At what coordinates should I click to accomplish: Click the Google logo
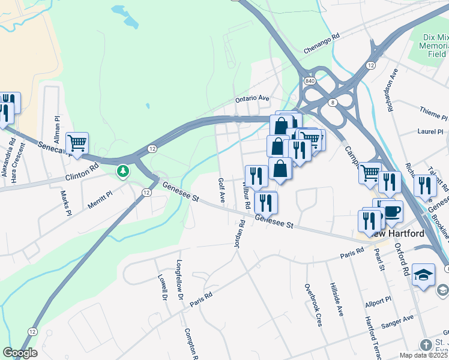(x=19, y=353)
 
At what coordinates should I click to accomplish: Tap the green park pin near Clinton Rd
(x=123, y=172)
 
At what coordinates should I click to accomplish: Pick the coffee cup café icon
(x=392, y=211)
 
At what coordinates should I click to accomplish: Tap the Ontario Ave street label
(x=252, y=98)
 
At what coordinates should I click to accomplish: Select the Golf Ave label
(x=221, y=190)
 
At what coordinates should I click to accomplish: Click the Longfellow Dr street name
(x=179, y=280)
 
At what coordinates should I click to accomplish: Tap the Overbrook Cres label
(x=312, y=305)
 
